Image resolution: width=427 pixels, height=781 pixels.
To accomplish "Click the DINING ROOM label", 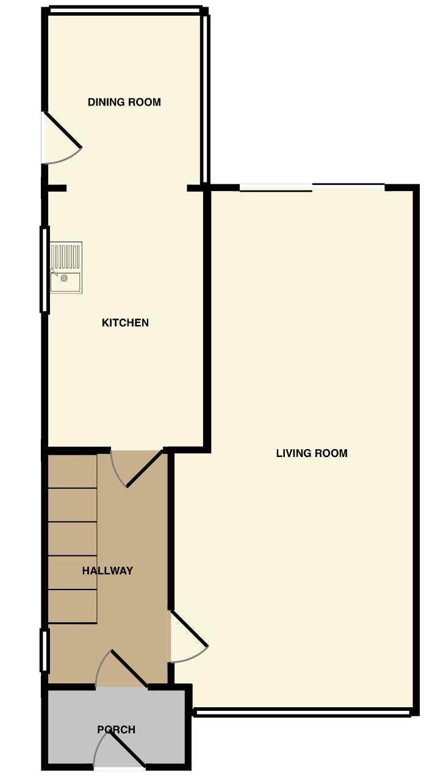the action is point(124,102).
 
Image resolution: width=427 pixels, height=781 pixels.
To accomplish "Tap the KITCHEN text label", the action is point(125,323).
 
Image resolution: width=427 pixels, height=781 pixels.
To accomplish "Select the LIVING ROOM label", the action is point(312,453).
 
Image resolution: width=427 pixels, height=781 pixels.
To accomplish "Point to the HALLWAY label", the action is point(107,570).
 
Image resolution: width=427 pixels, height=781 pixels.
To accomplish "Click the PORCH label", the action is point(116,730).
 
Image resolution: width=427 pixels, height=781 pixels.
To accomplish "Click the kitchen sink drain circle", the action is point(64,278).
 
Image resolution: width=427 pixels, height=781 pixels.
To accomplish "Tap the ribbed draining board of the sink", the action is point(66,256).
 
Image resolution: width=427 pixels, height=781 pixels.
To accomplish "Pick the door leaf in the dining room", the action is point(62,130).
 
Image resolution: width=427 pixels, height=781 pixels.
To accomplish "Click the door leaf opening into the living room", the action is point(188,628).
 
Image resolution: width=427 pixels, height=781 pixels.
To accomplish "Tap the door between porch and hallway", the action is point(129,669).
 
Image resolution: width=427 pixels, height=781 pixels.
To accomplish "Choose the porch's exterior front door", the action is point(126,747).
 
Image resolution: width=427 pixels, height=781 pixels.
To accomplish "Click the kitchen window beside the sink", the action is point(45,269).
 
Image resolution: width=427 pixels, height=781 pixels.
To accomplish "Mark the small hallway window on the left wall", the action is point(45,650).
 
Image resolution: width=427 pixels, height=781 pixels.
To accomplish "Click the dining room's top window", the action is point(126,10).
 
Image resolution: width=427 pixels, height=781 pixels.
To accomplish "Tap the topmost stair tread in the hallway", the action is point(72,471).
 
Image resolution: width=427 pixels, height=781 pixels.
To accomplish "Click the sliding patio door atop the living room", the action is point(312,187).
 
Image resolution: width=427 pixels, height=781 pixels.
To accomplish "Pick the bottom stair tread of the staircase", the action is point(72,606).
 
